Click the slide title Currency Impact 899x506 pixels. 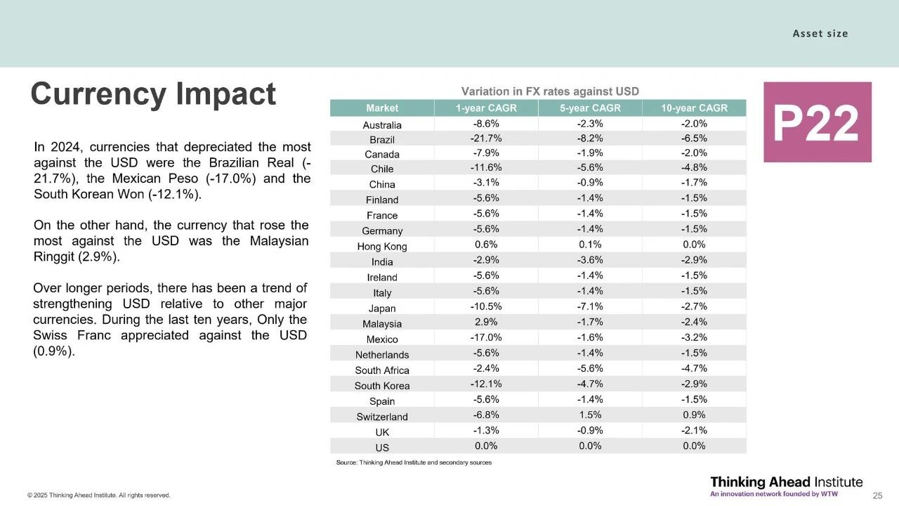153,94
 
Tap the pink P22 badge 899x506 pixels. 817,122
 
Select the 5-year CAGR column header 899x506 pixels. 590,108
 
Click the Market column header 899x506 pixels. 382,108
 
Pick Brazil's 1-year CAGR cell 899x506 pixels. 486,138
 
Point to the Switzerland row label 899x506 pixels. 382,417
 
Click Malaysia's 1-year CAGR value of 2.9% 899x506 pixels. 486,323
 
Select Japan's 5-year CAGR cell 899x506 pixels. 590,307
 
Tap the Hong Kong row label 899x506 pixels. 382,247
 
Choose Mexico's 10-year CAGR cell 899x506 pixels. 694,338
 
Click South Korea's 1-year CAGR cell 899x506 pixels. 486,384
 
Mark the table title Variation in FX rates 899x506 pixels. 549,91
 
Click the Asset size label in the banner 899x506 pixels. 820,34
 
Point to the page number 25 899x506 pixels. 877,495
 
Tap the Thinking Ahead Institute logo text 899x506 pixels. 786,482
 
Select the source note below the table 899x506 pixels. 414,462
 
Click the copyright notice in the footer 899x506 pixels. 99,495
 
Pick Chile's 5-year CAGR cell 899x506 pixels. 590,168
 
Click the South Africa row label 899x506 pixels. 382,370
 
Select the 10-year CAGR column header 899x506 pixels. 694,108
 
